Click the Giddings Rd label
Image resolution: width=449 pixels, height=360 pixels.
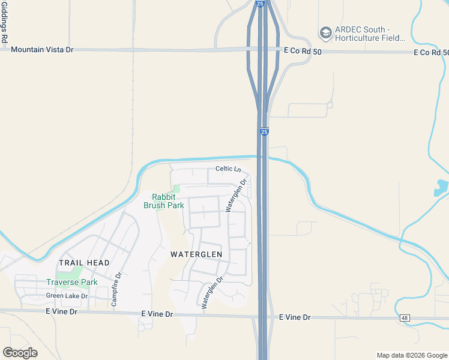(4, 22)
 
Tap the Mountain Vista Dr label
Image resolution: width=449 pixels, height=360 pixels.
(42, 50)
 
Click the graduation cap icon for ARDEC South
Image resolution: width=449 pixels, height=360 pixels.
(326, 33)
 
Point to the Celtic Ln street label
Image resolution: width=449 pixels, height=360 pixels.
(228, 169)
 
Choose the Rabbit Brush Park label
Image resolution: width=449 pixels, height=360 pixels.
(163, 201)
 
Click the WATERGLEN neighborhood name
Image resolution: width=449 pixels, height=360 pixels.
(196, 254)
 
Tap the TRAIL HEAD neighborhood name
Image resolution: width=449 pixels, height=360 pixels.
(84, 263)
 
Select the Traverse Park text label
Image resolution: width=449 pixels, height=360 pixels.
(72, 282)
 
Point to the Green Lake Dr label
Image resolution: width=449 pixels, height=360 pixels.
(67, 296)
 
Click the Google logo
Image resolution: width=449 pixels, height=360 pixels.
(20, 353)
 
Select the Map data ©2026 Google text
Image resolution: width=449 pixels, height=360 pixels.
(411, 355)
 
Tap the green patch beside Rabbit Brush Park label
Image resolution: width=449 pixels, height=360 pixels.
(176, 189)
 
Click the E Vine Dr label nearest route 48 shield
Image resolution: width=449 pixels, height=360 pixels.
(294, 317)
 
